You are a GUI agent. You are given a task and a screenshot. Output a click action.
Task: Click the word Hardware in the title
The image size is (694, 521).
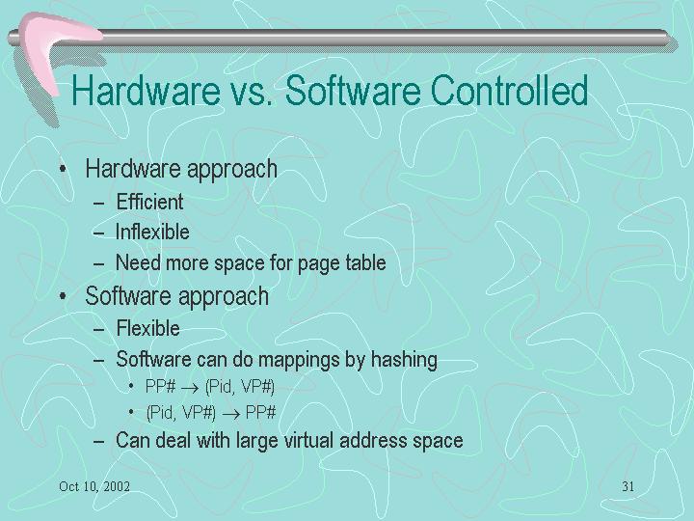pyautogui.click(x=147, y=91)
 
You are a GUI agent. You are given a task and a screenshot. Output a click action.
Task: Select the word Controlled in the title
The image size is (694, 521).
pyautogui.click(x=509, y=91)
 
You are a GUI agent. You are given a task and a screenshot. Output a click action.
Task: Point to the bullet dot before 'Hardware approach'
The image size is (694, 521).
pyautogui.click(x=64, y=169)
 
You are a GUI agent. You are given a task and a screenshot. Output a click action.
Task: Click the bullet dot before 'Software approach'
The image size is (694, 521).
pyautogui.click(x=64, y=296)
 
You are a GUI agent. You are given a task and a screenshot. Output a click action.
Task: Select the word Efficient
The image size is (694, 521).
pyautogui.click(x=149, y=202)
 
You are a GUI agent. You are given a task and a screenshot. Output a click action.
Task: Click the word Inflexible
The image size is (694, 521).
pyautogui.click(x=152, y=233)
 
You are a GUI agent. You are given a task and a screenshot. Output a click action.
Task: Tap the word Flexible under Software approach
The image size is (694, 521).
pyautogui.click(x=147, y=329)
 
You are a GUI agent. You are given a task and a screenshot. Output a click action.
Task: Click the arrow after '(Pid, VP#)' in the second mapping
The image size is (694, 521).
pyautogui.click(x=231, y=415)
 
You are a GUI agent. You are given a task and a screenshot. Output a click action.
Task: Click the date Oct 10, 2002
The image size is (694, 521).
pyautogui.click(x=94, y=486)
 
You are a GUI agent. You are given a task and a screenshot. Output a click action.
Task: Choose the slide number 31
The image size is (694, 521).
pyautogui.click(x=628, y=486)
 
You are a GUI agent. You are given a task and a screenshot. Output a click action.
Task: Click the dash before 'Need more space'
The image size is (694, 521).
pyautogui.click(x=99, y=264)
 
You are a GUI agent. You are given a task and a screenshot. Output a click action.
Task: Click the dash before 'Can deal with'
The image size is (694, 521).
pyautogui.click(x=99, y=442)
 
